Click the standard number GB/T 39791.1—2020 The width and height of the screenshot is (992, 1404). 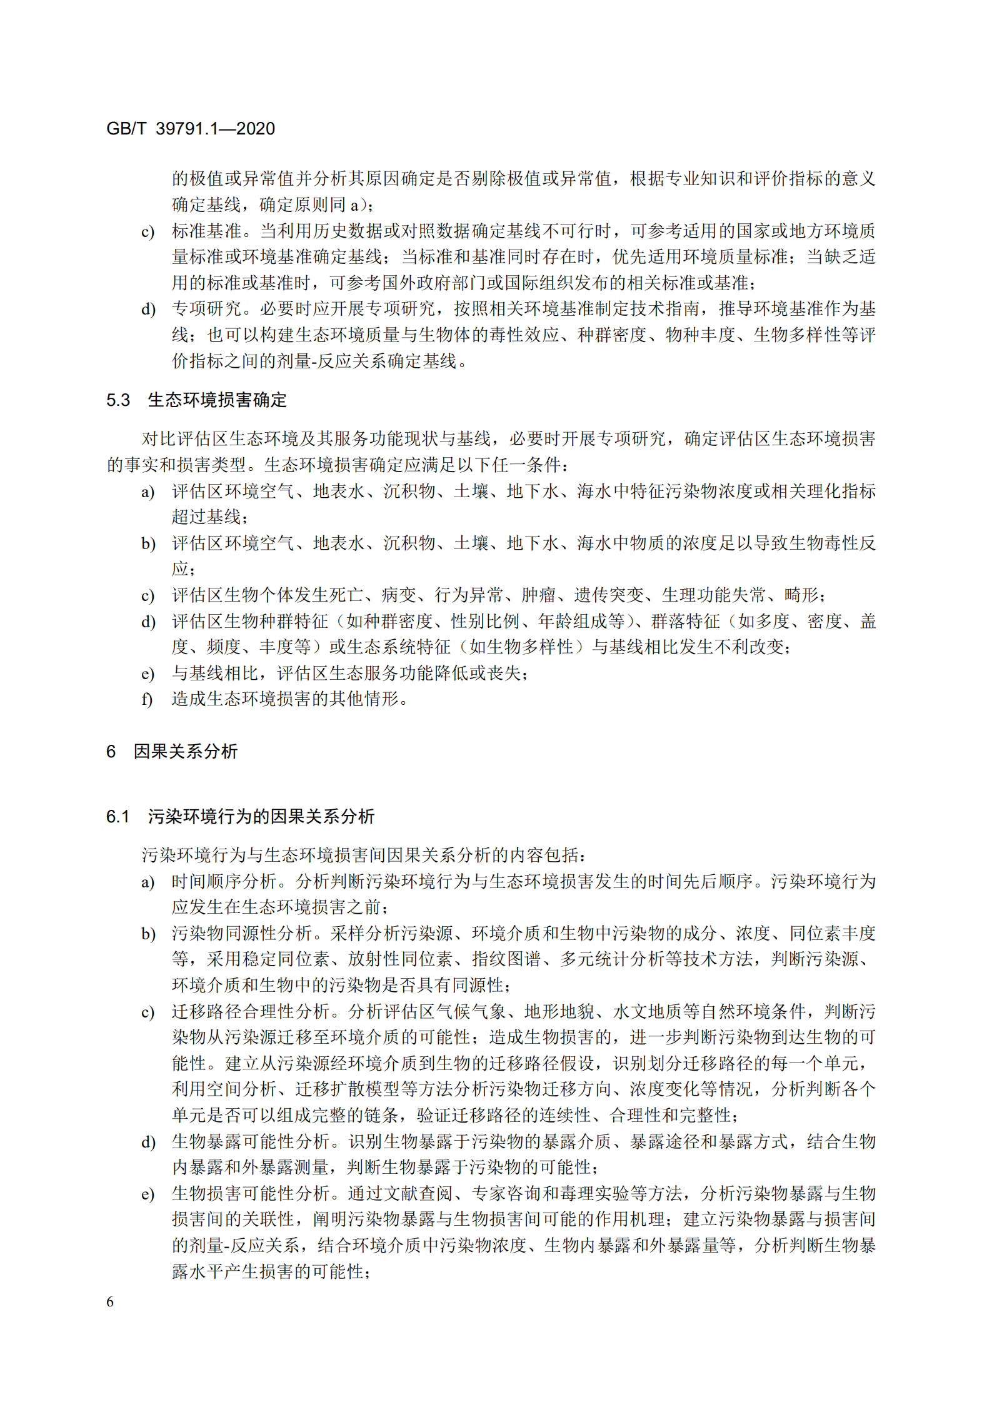point(191,129)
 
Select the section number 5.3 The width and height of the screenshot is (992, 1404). point(118,400)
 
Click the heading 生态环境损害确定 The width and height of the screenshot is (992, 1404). point(217,400)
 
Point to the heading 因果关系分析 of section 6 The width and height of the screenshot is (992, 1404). point(186,751)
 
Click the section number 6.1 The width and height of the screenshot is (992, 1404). point(118,816)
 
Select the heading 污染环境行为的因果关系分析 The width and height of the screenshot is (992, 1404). point(261,816)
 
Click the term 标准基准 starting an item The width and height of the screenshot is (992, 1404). point(206,231)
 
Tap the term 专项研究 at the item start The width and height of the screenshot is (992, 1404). point(206,309)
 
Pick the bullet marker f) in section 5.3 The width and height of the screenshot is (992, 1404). point(148,699)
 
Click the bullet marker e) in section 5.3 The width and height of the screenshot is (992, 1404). point(148,674)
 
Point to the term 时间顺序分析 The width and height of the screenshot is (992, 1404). point(224,882)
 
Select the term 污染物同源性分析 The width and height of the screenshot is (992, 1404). point(241,934)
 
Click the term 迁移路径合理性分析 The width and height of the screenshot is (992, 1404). point(251,1011)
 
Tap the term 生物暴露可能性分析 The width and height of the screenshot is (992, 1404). point(251,1141)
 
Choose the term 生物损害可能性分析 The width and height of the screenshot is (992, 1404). point(251,1193)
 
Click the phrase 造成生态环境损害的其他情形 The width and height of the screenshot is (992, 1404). point(285,699)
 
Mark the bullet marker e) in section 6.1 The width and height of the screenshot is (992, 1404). point(148,1194)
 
